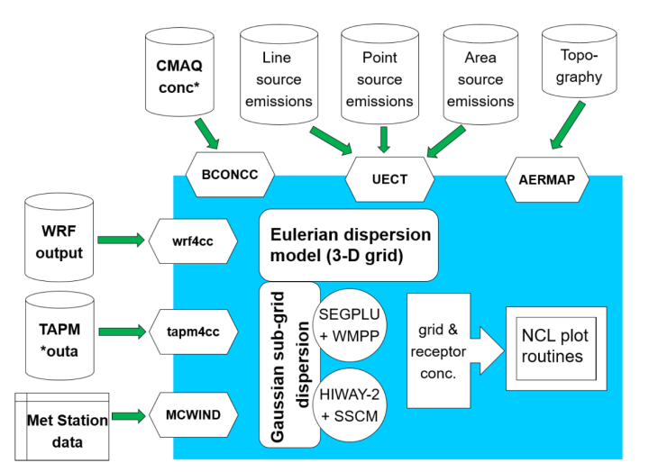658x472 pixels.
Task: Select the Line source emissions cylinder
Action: tap(278, 78)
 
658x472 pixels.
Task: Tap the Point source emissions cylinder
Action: tap(379, 78)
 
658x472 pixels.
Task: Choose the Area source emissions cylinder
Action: tap(480, 78)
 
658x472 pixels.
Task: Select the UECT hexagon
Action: tap(389, 178)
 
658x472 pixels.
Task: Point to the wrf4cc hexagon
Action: tap(196, 241)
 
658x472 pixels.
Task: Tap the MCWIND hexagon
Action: tap(196, 415)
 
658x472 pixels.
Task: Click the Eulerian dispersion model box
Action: tap(349, 245)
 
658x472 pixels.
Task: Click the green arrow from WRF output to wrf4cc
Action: tap(120, 241)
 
